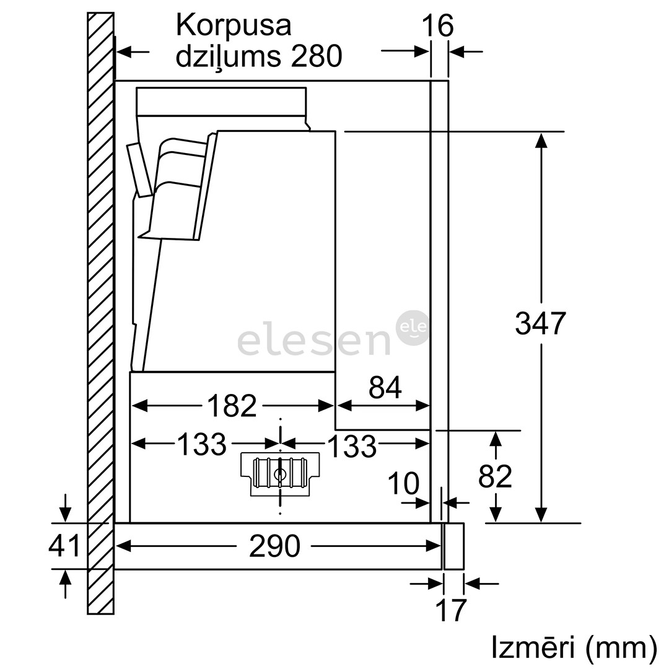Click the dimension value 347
540,323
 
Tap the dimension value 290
274,546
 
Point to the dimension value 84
385,388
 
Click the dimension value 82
495,476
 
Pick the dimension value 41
65,546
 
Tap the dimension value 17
451,610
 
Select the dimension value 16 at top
437,26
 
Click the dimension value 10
404,484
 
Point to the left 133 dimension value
201,444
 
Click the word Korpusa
234,25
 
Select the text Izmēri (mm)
574,647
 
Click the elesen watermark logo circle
413,328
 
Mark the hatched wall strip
100,310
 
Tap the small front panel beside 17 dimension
453,546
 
